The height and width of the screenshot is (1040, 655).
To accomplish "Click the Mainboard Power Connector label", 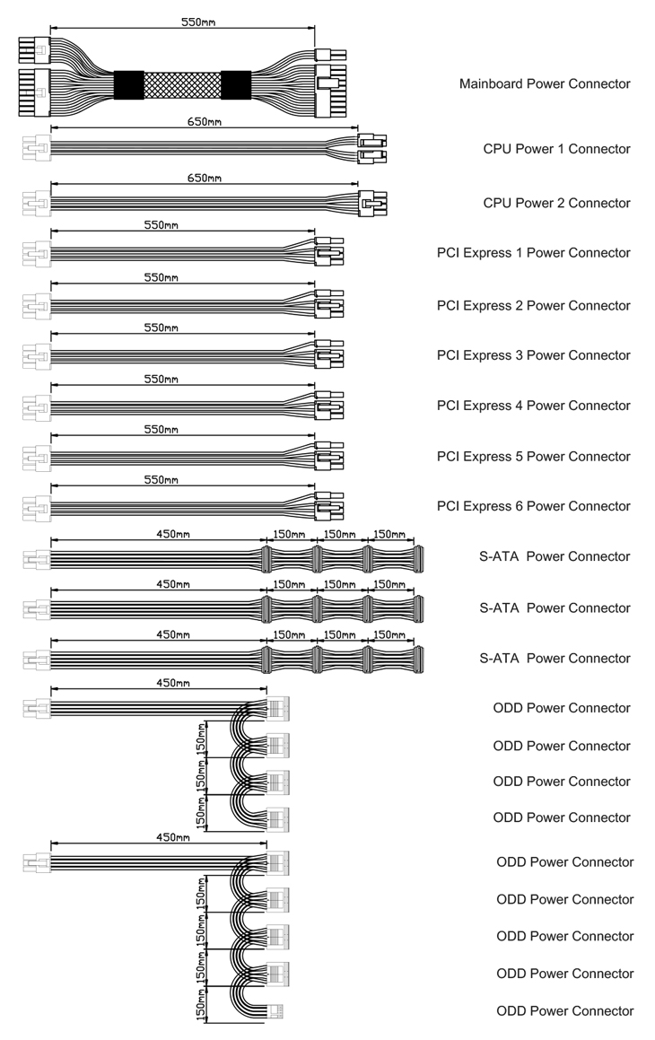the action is tap(545, 83).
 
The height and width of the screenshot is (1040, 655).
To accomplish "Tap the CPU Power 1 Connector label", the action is tap(556, 149).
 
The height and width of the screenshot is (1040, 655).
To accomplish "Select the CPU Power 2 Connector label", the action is tap(556, 203).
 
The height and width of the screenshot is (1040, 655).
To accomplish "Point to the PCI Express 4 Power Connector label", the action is tap(533, 406).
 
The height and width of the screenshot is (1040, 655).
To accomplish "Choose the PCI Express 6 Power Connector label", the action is tap(533, 506).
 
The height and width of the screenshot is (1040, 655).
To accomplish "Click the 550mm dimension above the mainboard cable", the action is tap(198, 22).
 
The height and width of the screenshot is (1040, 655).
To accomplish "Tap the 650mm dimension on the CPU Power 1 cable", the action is tap(205, 121).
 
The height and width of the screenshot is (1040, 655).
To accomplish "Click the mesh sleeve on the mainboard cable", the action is tap(182, 85).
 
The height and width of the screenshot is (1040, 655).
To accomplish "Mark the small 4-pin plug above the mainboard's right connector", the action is tap(330, 55).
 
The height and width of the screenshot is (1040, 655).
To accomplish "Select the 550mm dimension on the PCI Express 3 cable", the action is tap(162, 328).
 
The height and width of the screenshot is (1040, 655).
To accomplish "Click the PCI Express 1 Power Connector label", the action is tap(533, 253).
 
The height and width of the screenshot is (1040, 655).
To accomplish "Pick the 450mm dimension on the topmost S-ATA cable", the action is tap(173, 534).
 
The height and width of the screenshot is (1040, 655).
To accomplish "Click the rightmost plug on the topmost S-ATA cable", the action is tap(418, 559).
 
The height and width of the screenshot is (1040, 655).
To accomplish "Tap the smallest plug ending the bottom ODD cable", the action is tap(275, 1010).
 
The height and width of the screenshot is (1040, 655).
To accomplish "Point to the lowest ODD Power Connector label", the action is tap(565, 1010).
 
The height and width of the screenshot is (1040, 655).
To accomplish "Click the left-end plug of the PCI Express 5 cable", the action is tap(37, 458).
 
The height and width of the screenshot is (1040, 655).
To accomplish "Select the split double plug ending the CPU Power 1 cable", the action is tap(372, 149).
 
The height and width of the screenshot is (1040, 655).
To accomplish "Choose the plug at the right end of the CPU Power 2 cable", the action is tap(372, 203).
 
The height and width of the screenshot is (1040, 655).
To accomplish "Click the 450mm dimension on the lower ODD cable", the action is tap(173, 838).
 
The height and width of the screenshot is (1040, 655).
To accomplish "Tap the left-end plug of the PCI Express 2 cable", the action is tap(37, 306).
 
